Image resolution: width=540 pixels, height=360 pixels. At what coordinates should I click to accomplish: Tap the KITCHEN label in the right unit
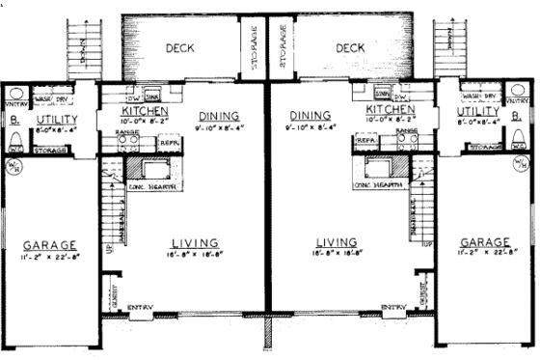(x=389, y=112)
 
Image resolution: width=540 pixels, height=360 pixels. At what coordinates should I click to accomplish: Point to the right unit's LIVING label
(x=336, y=242)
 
